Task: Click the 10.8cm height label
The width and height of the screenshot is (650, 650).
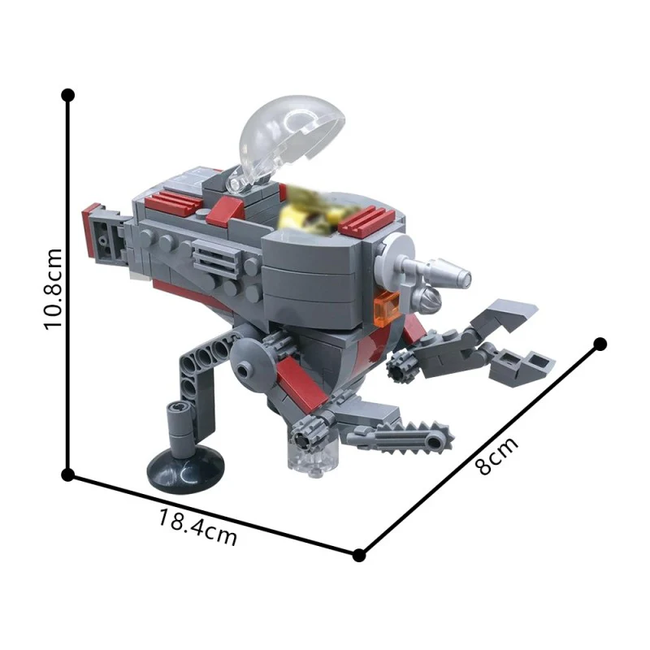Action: (53, 289)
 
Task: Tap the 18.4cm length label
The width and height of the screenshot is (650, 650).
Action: (197, 527)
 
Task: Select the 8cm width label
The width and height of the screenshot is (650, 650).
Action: (496, 455)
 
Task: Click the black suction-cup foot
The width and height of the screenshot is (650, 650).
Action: (186, 470)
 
